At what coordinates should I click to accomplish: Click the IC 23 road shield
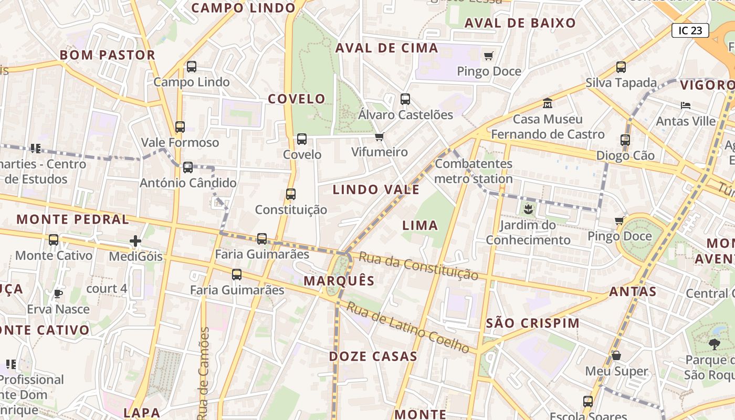pos(690,30)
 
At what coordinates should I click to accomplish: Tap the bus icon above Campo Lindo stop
pos(192,67)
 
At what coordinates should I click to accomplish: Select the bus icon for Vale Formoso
pos(180,127)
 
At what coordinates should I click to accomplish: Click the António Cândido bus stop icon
pos(188,167)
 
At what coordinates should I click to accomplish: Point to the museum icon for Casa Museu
pos(548,103)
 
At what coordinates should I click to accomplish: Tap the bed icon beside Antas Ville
pos(686,106)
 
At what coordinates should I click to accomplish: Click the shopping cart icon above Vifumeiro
pos(379,137)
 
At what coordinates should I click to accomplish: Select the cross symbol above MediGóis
pos(135,241)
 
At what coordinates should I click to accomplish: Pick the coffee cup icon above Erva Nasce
pos(58,293)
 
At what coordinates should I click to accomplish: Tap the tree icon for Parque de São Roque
pos(714,344)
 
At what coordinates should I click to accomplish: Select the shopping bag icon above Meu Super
pos(616,355)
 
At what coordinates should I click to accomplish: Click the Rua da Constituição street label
pos(418,266)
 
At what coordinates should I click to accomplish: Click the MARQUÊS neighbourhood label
pos(339,281)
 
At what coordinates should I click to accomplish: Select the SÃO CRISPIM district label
pos(532,323)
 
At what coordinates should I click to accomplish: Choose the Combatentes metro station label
pos(474,171)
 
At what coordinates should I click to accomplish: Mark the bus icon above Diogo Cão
pos(625,140)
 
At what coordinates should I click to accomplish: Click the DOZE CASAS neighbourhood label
pos(373,356)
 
